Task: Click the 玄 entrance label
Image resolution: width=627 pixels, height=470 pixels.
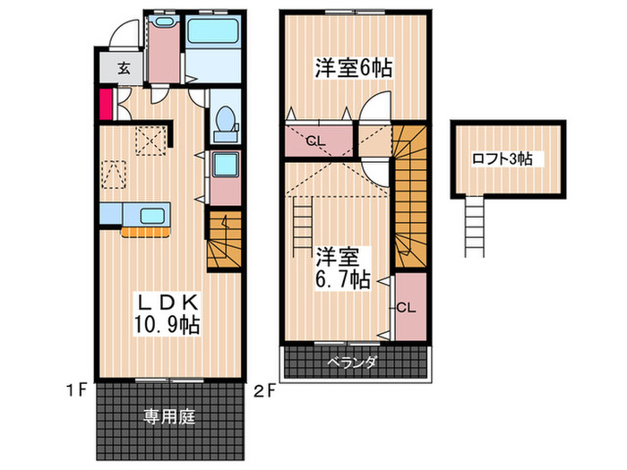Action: pyautogui.click(x=122, y=67)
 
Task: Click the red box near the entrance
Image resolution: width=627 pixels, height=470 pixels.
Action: pyautogui.click(x=105, y=105)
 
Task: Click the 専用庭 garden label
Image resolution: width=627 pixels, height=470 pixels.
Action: pyautogui.click(x=169, y=416)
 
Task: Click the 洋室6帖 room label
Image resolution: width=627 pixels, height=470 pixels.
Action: pyautogui.click(x=354, y=67)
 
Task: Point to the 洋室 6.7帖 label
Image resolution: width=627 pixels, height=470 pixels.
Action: pyautogui.click(x=340, y=266)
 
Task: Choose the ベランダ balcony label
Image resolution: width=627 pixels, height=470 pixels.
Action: pyautogui.click(x=352, y=363)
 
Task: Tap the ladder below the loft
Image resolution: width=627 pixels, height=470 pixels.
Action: pyautogui.click(x=474, y=226)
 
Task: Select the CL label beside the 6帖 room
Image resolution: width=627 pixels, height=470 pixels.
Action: pyautogui.click(x=315, y=141)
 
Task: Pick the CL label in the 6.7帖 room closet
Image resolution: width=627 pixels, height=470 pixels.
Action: pyautogui.click(x=406, y=307)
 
